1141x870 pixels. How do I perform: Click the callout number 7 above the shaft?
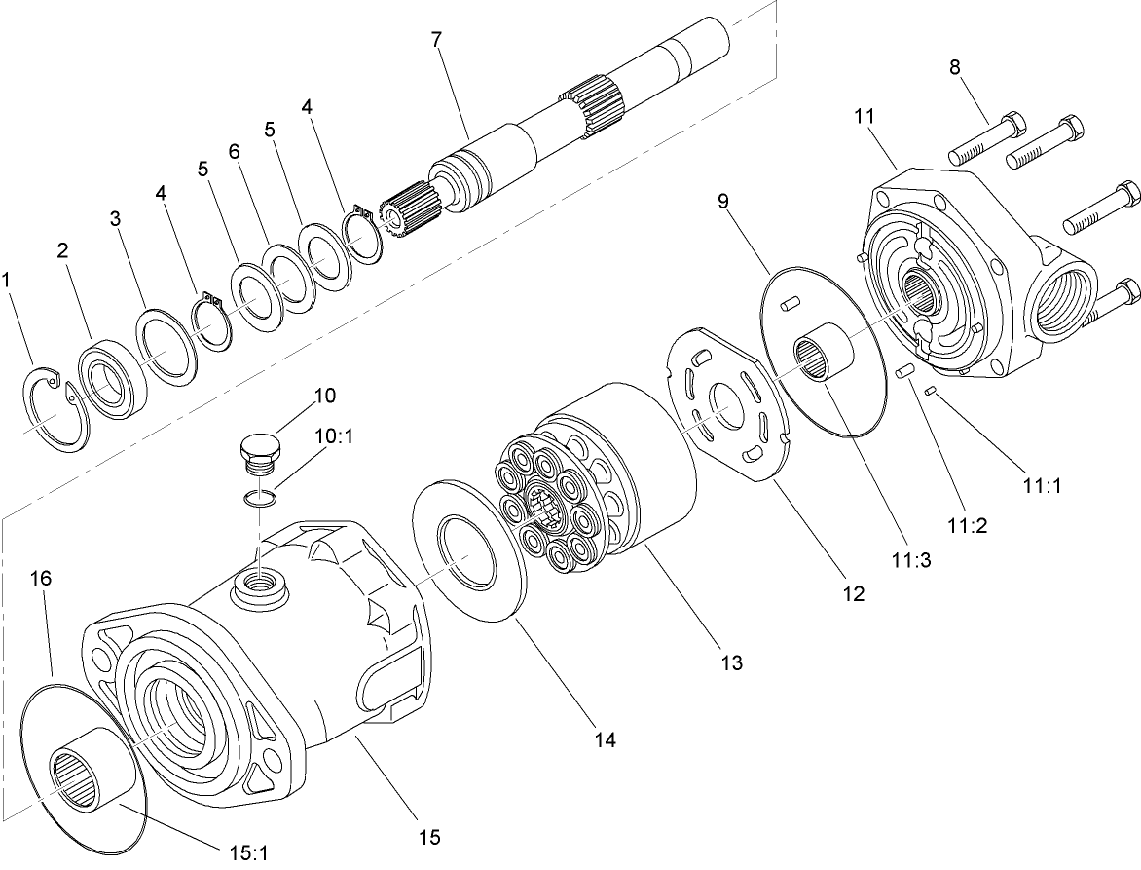[x=436, y=40]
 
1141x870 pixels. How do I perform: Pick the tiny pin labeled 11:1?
[x=932, y=391]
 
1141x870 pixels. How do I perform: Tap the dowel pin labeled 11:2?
[x=902, y=371]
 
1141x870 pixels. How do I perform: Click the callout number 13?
[x=731, y=662]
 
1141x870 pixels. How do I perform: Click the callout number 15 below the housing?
[x=429, y=836]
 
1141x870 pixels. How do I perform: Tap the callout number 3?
[x=115, y=219]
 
